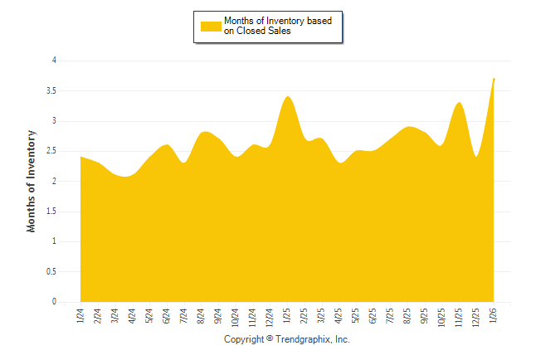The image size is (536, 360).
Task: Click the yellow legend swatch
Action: (x=211, y=26)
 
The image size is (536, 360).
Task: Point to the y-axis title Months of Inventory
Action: (x=32, y=181)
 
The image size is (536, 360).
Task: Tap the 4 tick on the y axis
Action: (x=54, y=61)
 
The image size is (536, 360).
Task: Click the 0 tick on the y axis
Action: (x=54, y=302)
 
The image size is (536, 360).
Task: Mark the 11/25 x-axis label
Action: (x=460, y=317)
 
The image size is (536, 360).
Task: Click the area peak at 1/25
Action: (x=288, y=97)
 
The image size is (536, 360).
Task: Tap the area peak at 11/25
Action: (x=460, y=103)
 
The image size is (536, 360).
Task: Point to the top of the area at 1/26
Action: (x=495, y=79)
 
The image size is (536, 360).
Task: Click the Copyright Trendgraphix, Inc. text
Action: (x=287, y=340)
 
